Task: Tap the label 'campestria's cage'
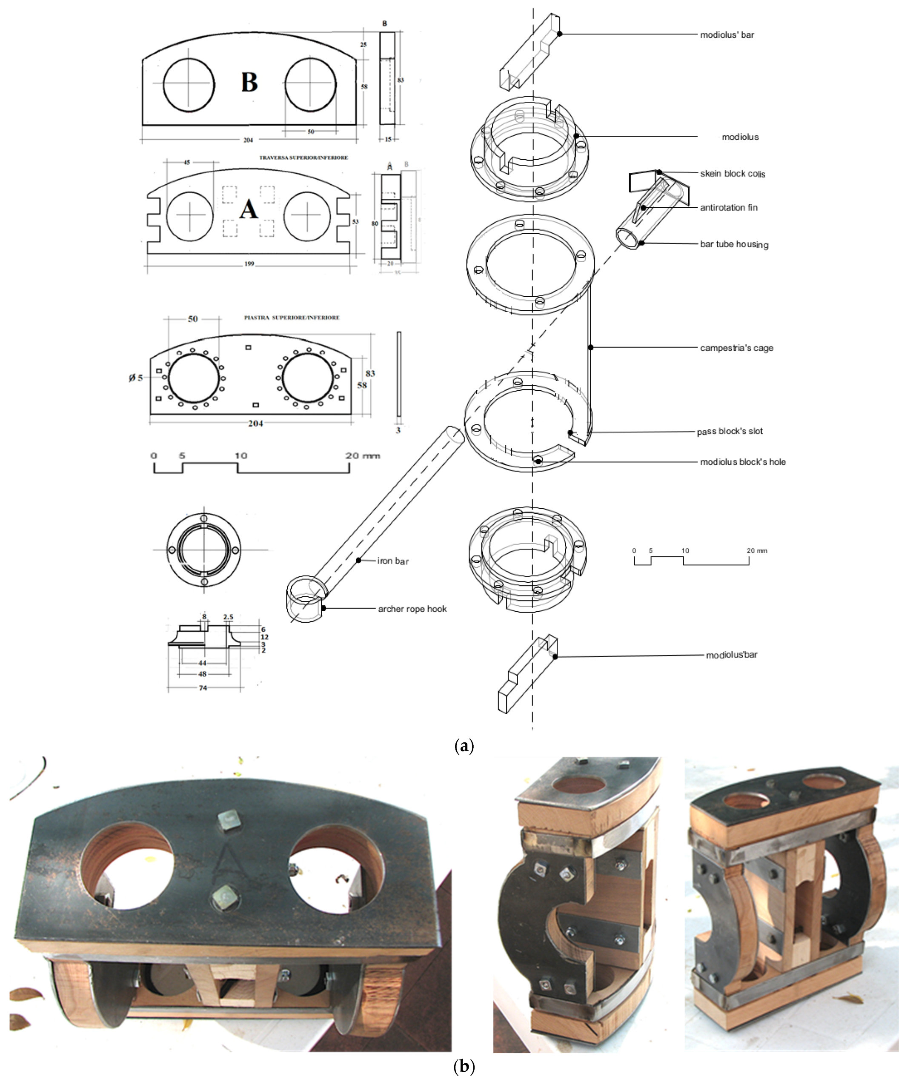(x=736, y=348)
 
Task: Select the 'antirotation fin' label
(x=729, y=208)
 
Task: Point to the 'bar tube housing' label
(x=734, y=244)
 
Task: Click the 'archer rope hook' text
(x=412, y=609)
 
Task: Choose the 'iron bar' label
(x=393, y=561)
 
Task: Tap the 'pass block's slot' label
(x=729, y=431)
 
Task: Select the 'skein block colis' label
(x=733, y=174)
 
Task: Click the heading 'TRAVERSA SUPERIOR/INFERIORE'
(x=303, y=157)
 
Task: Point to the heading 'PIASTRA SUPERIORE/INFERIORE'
(x=292, y=318)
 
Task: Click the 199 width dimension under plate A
(x=249, y=264)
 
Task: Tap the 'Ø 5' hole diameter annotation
(x=136, y=378)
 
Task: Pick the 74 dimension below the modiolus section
(x=203, y=688)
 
